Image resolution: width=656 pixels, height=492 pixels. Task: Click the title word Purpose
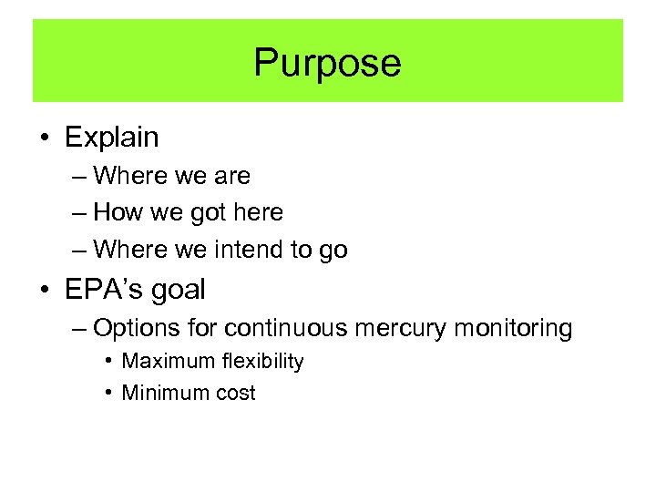click(x=327, y=63)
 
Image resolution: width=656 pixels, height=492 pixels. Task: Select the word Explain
click(x=111, y=138)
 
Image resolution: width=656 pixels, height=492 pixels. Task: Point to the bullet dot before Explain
click(x=45, y=138)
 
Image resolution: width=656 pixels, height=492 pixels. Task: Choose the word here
click(x=259, y=212)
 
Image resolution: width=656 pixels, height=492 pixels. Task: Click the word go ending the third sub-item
click(x=333, y=251)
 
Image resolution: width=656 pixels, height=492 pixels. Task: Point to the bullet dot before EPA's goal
click(x=45, y=291)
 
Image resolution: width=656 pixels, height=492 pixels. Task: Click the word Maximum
click(x=167, y=361)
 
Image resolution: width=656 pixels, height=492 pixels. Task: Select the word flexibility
click(x=261, y=361)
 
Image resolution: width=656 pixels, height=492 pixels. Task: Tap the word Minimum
click(x=164, y=393)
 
